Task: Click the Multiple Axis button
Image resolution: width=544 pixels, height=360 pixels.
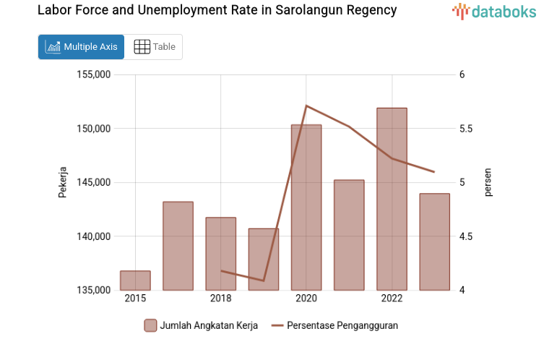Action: tap(81, 47)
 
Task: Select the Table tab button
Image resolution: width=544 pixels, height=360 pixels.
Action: tap(154, 47)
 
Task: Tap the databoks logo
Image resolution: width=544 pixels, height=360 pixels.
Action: tap(494, 11)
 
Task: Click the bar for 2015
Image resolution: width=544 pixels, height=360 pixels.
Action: tap(135, 280)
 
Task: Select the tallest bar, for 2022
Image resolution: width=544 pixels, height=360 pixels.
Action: tap(392, 199)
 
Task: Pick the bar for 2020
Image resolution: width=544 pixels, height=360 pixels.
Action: tap(306, 207)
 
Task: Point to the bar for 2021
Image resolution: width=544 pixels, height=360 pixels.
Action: tap(349, 235)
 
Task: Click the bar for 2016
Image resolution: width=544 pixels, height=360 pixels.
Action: tap(178, 246)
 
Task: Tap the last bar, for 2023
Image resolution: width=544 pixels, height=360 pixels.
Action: tap(434, 241)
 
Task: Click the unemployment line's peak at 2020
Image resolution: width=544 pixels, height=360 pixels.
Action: tap(306, 106)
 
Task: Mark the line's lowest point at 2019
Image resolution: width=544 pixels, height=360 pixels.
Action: tap(264, 280)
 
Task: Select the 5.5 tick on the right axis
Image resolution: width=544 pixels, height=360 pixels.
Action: tap(465, 129)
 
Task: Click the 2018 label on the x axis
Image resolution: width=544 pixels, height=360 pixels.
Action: tap(220, 299)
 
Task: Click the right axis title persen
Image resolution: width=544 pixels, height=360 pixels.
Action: tap(488, 182)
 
